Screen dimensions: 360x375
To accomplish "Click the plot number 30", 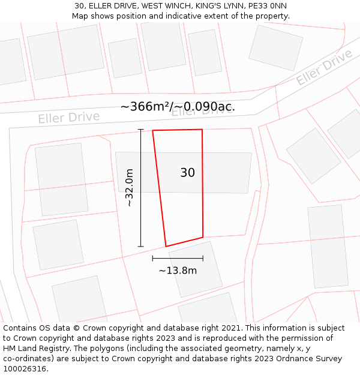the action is tap(187, 173).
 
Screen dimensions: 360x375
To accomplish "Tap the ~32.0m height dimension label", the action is tap(128, 188).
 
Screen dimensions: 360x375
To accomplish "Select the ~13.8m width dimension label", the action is tap(178, 271).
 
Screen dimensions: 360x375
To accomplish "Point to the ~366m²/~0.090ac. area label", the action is tap(178, 107).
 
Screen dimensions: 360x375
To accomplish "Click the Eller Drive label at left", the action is tap(68, 117).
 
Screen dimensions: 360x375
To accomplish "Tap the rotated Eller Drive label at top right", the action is tap(323, 68).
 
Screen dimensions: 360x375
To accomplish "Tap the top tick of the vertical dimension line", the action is tap(141, 129).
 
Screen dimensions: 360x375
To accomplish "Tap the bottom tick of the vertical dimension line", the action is tap(141, 246).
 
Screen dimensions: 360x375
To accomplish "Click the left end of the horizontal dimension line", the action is tap(152, 258).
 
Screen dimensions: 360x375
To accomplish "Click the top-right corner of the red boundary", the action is tap(202, 129).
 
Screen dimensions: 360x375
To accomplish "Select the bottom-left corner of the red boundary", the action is tap(166, 246).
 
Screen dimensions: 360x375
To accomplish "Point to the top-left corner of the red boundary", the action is tap(152, 130).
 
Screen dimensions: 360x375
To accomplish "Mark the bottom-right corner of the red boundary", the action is tap(203, 237).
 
